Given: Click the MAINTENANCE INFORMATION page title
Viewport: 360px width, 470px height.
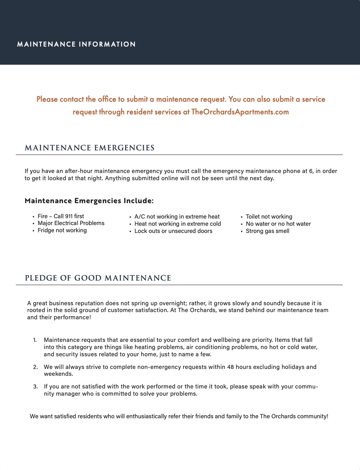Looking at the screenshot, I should [76, 44].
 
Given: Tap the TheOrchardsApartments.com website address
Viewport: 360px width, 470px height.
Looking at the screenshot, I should [240, 112].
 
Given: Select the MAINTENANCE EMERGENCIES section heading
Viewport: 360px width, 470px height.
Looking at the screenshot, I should [90, 148].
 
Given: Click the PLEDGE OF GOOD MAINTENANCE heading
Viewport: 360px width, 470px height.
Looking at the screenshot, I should [98, 278].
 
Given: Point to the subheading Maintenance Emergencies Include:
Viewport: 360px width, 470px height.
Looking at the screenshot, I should [89, 201].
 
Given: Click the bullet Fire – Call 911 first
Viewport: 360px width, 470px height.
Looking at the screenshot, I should [61, 216].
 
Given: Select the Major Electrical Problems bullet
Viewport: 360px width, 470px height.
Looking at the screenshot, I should [71, 223].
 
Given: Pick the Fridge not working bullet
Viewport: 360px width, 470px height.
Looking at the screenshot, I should [62, 230].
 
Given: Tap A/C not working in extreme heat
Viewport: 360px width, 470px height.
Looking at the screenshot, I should [177, 217].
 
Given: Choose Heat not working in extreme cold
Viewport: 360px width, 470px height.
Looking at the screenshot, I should [178, 224].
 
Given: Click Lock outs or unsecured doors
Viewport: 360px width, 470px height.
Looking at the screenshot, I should [173, 231].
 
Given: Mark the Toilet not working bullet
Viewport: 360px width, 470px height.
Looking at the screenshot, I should [269, 217].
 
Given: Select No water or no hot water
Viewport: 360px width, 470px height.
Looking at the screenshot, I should [278, 224].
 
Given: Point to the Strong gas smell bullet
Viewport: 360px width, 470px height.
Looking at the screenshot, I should [268, 231].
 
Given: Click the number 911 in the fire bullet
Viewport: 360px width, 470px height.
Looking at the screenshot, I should [69, 216].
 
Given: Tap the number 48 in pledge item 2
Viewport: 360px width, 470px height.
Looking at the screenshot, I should [230, 367].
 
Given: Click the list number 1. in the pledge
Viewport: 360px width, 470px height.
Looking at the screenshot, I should [35, 340].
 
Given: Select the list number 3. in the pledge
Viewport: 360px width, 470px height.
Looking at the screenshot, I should [35, 386].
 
